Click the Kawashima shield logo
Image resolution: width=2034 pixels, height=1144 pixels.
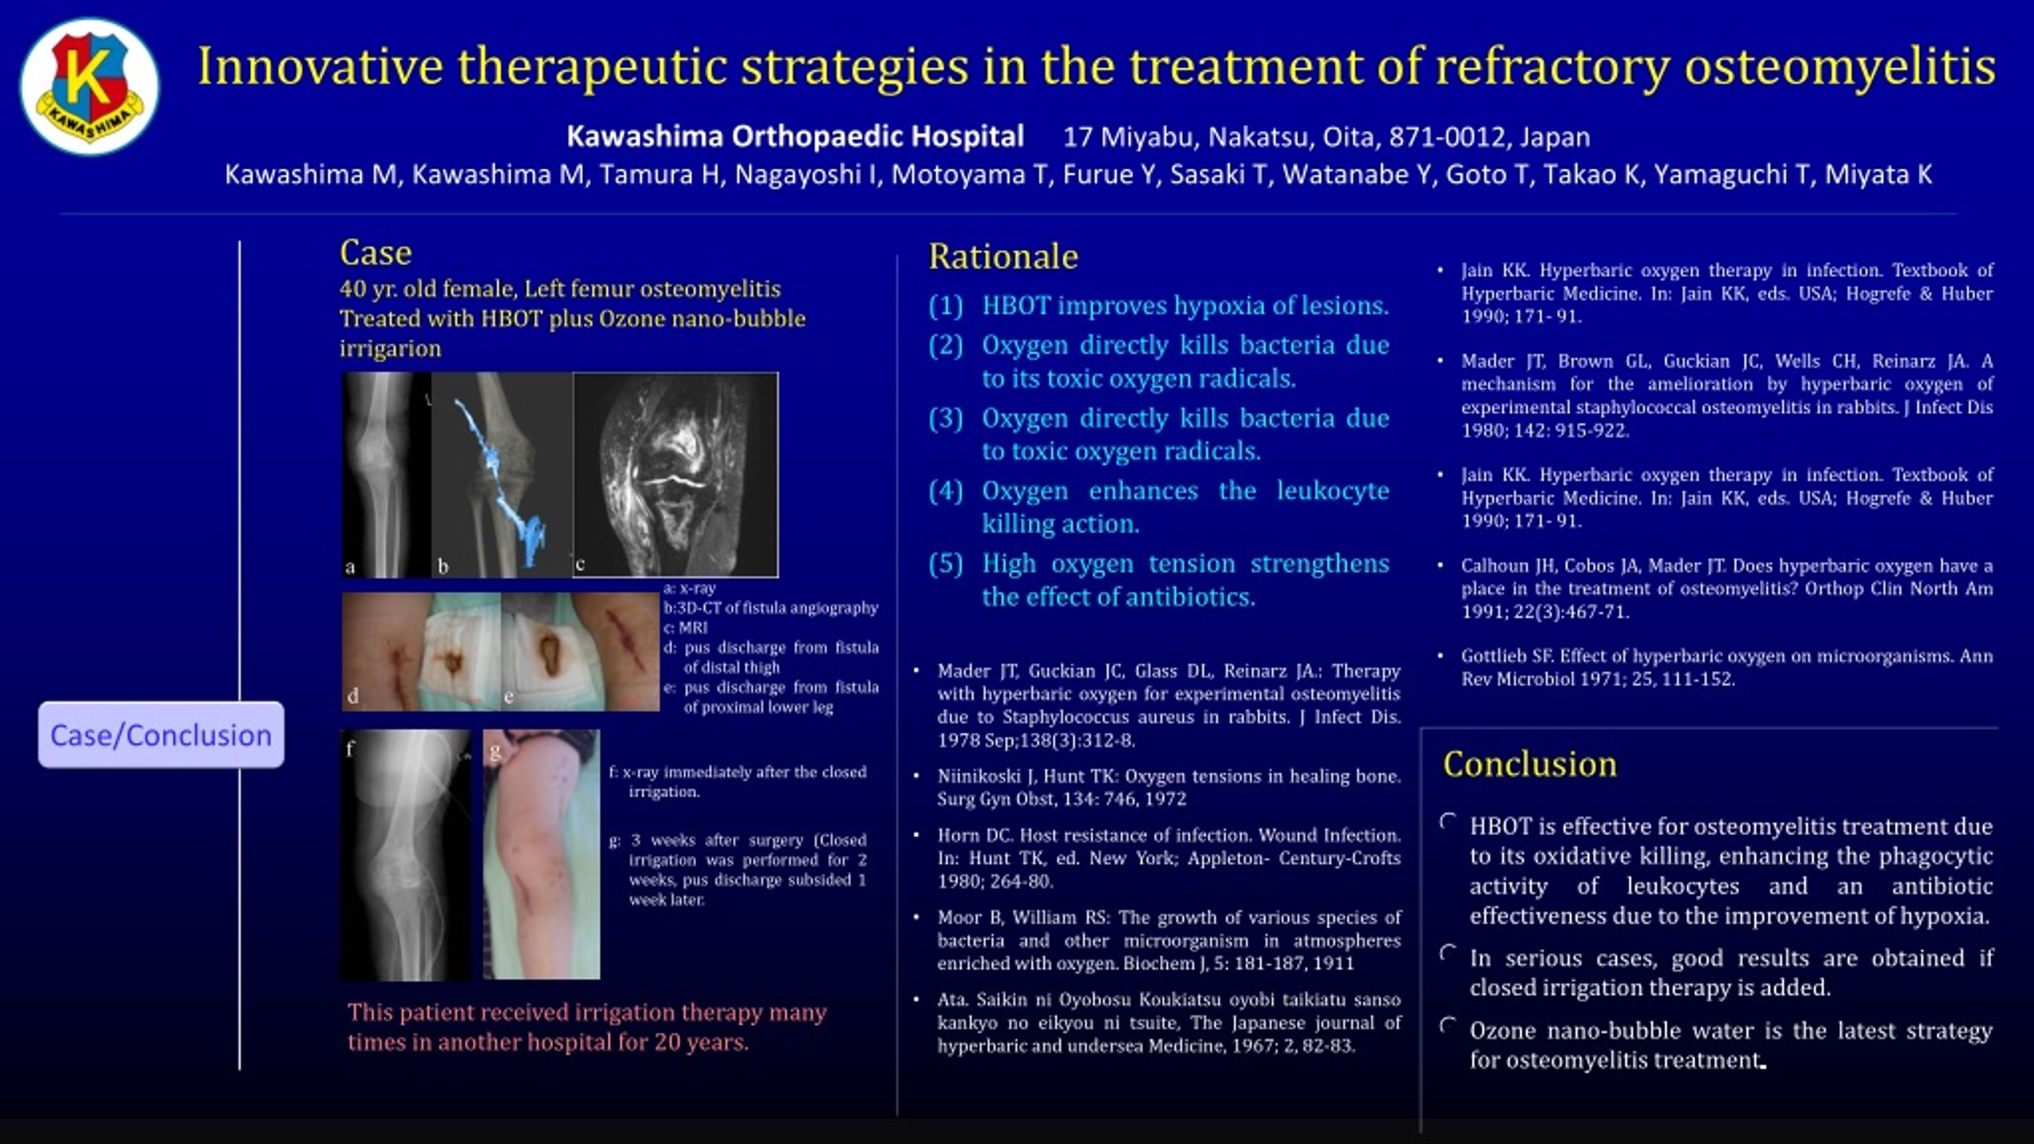90,87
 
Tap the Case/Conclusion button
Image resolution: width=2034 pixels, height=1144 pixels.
161,735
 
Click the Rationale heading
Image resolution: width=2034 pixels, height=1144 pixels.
1003,257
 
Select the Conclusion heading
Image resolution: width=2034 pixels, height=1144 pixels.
1529,764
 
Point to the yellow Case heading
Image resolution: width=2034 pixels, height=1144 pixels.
376,253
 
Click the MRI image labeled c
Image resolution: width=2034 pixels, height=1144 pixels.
675,474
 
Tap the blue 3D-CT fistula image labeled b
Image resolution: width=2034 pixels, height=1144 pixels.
501,474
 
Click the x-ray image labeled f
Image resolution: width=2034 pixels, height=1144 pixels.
406,855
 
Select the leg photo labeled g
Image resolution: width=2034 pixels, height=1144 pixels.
541,855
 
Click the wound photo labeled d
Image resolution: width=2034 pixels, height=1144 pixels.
421,651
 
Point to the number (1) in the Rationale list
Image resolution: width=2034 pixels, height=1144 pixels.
945,306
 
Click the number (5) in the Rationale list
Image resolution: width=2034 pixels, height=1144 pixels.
945,564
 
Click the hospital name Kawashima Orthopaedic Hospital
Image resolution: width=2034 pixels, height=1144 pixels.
795,137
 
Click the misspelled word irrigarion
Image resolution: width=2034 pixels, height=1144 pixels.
390,349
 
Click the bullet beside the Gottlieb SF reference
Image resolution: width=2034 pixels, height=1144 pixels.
1440,656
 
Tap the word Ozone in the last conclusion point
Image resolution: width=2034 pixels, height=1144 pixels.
1504,1030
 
